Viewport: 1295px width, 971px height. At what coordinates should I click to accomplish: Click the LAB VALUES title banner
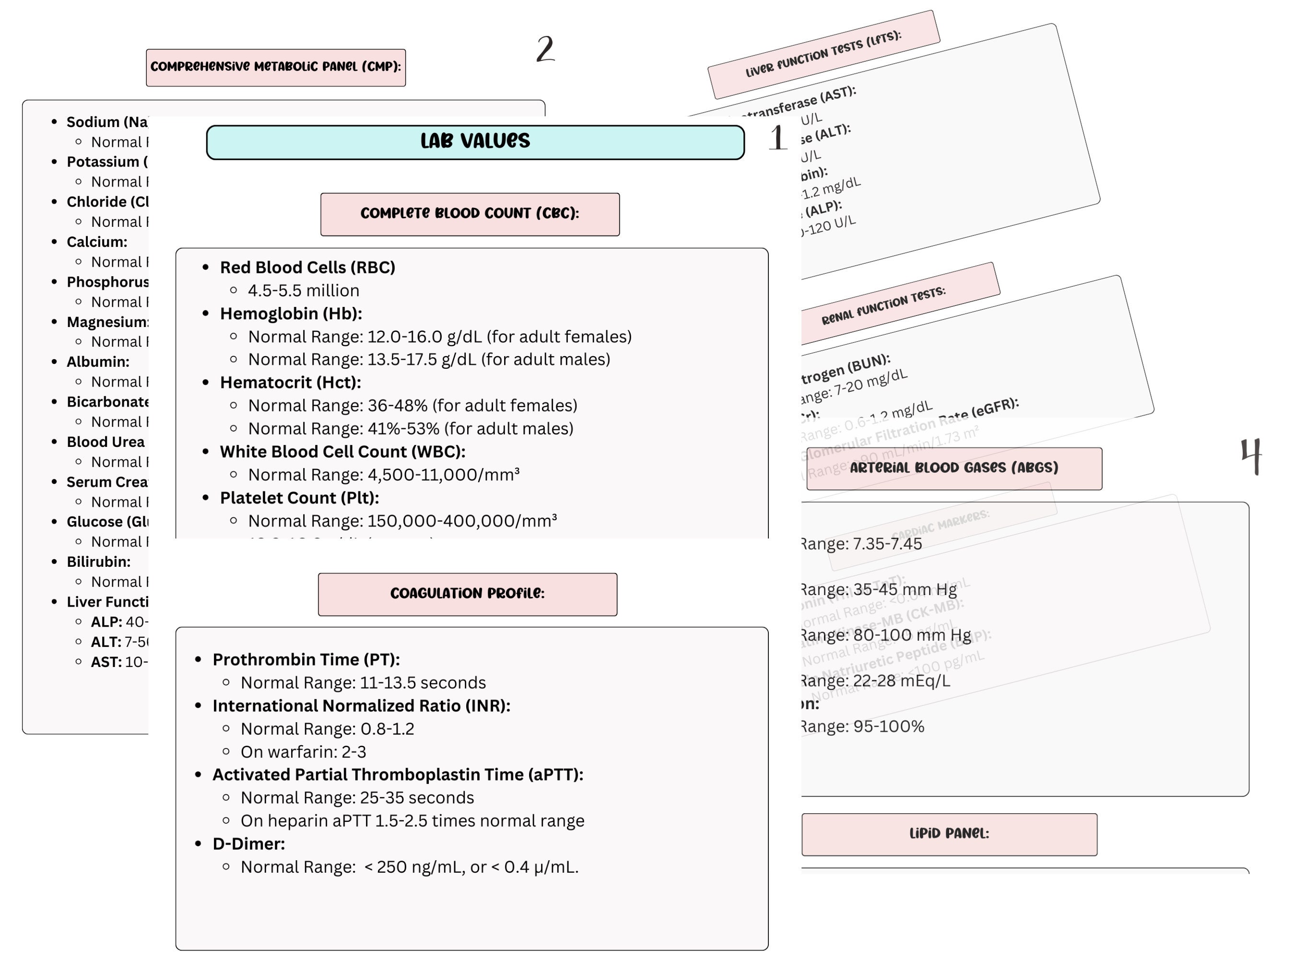tap(475, 141)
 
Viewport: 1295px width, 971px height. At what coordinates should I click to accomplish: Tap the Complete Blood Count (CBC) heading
tap(470, 214)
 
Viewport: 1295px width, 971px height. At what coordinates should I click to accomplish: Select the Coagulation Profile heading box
tap(467, 594)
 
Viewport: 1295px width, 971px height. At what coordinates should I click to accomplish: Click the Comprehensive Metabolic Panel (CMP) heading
tap(276, 67)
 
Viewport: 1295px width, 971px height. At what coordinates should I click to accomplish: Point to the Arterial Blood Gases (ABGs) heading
tap(954, 468)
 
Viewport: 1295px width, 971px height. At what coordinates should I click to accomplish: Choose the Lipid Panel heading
tap(949, 834)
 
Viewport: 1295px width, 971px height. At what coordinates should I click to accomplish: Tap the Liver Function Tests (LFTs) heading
tap(823, 54)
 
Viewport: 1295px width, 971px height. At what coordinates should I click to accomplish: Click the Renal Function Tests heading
tap(884, 305)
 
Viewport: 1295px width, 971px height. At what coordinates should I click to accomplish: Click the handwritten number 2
tap(545, 49)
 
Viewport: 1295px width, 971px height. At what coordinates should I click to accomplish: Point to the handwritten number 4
tap(1251, 456)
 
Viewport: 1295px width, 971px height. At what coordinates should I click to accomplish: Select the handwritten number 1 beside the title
tap(778, 138)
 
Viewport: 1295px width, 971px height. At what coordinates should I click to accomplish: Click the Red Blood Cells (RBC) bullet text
tap(307, 268)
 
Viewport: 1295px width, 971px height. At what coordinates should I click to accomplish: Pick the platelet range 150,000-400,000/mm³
tap(403, 521)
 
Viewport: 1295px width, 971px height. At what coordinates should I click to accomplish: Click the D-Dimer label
tap(249, 844)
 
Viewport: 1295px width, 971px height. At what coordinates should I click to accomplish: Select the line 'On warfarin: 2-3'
tap(303, 752)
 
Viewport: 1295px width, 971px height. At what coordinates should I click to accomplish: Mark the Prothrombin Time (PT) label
tap(306, 660)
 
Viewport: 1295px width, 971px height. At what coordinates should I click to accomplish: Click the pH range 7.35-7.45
tap(862, 544)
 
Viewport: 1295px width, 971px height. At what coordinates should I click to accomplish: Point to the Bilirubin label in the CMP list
tap(98, 562)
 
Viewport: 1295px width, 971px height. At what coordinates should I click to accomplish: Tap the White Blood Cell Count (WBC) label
tap(342, 452)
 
